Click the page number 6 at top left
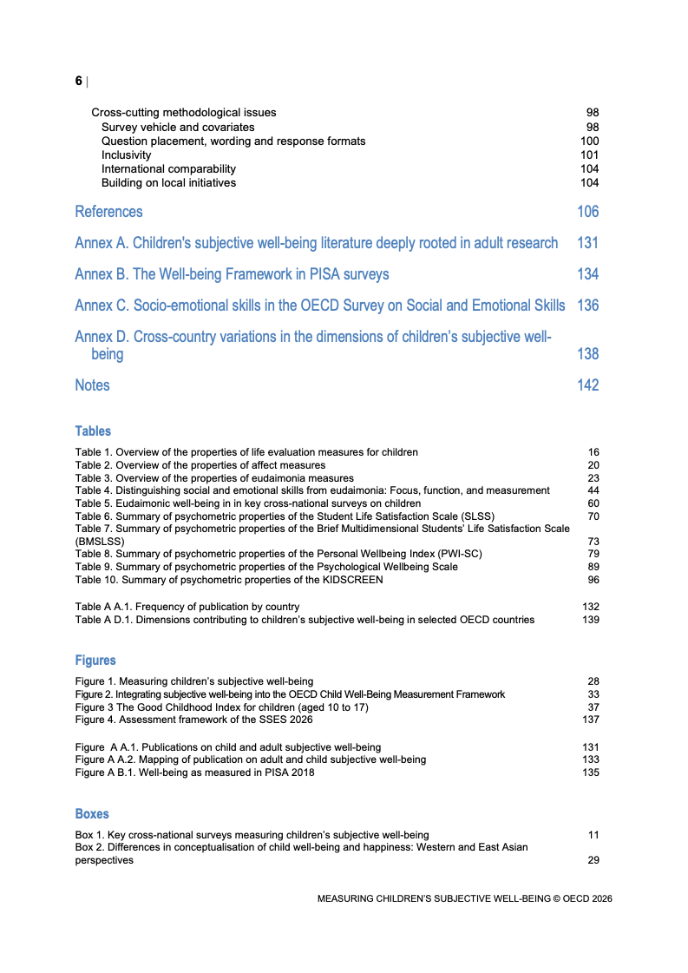(x=79, y=81)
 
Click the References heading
(x=108, y=212)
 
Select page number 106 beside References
(x=587, y=212)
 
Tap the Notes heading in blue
(x=92, y=385)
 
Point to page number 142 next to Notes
(x=587, y=385)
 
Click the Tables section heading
(x=93, y=431)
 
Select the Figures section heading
(x=95, y=661)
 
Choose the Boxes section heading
(x=92, y=814)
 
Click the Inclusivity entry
(x=126, y=155)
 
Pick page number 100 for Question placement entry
(x=589, y=141)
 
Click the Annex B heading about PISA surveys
(x=232, y=274)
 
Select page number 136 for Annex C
(x=587, y=306)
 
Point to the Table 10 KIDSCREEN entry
(x=229, y=580)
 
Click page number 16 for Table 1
(x=593, y=452)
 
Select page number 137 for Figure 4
(x=590, y=720)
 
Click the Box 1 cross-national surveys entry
(x=252, y=835)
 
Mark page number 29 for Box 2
(x=593, y=860)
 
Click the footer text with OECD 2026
(x=464, y=899)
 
